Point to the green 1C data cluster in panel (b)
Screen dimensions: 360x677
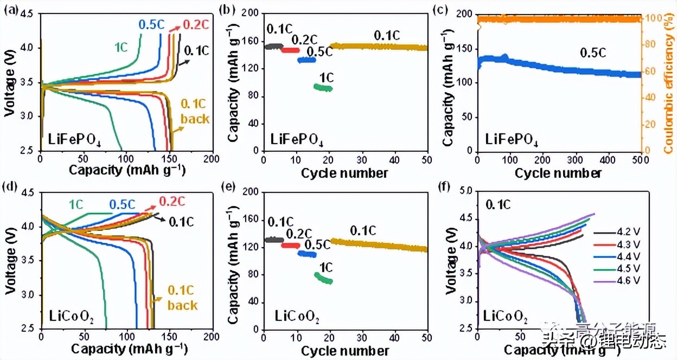point(323,87)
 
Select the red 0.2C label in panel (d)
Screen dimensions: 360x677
point(171,202)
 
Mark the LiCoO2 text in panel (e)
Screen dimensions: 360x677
point(296,316)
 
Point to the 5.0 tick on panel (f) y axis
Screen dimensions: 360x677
point(466,191)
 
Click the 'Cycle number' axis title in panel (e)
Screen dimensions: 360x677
point(345,351)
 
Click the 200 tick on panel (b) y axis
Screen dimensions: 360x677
point(252,14)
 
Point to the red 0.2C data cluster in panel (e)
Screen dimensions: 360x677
point(290,246)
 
